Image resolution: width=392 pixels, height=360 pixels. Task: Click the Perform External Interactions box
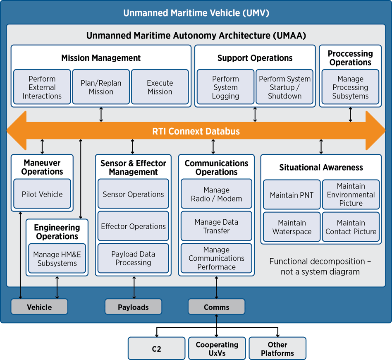pos(42,87)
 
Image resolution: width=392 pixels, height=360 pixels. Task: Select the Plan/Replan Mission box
pos(101,87)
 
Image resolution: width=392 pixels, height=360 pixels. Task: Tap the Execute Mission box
pos(160,87)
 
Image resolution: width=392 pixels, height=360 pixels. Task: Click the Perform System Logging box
pos(225,87)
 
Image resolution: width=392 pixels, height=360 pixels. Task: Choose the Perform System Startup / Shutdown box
pos(284,87)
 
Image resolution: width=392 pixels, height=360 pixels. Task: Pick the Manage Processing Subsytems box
pos(350,87)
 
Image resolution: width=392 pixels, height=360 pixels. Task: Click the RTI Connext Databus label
pos(196,132)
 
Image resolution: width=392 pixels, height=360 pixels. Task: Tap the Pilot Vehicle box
pos(42,194)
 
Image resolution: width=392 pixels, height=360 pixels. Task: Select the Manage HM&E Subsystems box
pos(57,259)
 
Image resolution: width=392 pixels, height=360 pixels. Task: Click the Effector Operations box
pos(133,226)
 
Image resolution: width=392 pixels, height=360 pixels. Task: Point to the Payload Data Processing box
pos(133,259)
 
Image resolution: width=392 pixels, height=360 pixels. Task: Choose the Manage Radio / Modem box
pos(216,194)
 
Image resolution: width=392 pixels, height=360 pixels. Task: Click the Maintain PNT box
pos(292,195)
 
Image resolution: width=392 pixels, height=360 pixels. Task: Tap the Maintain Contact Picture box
pos(351,227)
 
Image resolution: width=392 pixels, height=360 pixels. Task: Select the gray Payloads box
pos(133,307)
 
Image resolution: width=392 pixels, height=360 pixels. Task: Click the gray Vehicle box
pos(39,307)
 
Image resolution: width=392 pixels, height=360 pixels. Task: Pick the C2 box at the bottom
pos(156,349)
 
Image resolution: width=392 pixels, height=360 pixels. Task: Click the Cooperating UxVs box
pos(217,349)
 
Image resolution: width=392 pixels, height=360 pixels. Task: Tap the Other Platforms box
pos(277,349)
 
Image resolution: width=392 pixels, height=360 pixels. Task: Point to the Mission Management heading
pos(101,58)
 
